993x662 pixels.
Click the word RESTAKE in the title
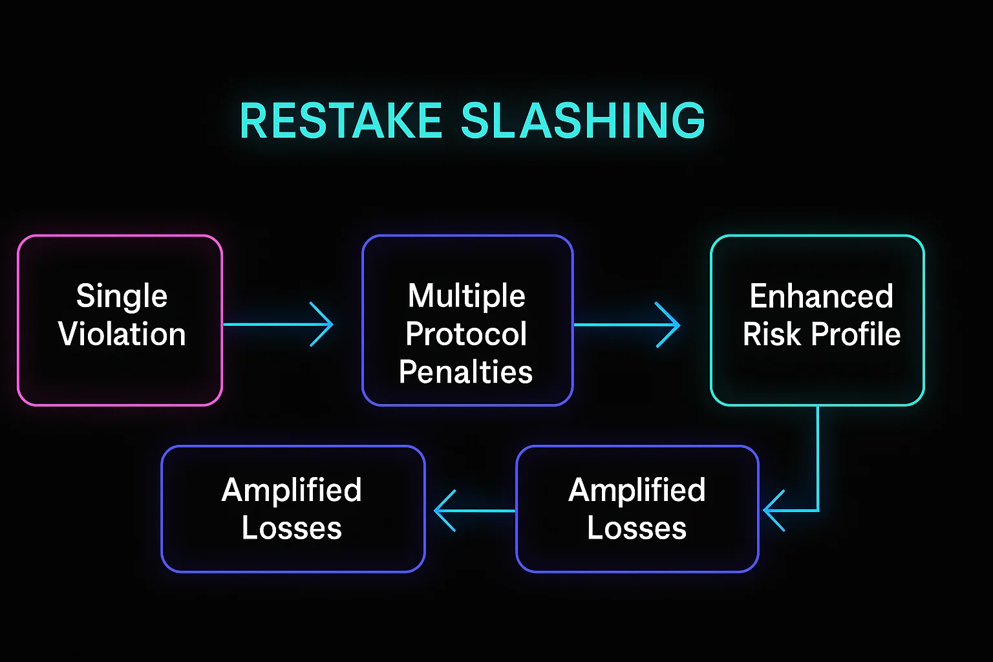[340, 121]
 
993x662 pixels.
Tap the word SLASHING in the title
[582, 121]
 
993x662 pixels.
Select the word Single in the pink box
[122, 296]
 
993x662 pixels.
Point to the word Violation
[122, 334]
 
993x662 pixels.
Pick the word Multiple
[466, 296]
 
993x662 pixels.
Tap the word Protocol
[466, 334]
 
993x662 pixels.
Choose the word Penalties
[466, 372]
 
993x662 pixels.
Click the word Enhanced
[821, 296]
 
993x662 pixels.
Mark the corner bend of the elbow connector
[818, 510]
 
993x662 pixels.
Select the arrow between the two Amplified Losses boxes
[475, 510]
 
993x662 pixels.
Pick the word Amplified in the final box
[292, 490]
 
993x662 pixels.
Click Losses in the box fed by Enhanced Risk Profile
[637, 528]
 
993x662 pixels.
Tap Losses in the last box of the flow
[292, 528]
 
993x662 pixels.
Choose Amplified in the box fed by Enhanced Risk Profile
[637, 490]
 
